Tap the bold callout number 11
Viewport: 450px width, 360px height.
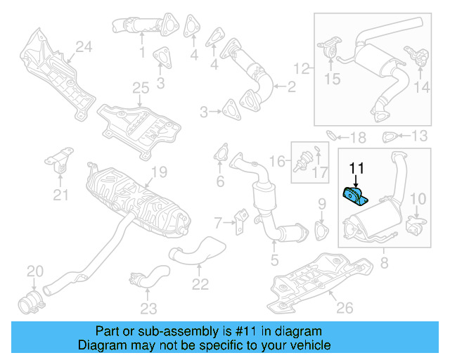tap(357, 168)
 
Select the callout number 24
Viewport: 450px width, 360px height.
tap(84, 47)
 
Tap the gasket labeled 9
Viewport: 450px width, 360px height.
tap(323, 230)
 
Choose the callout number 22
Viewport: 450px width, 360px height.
tap(200, 284)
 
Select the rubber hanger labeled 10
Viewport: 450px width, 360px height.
tap(416, 224)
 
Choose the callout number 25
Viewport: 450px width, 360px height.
tap(141, 88)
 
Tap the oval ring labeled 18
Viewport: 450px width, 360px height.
tap(333, 135)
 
